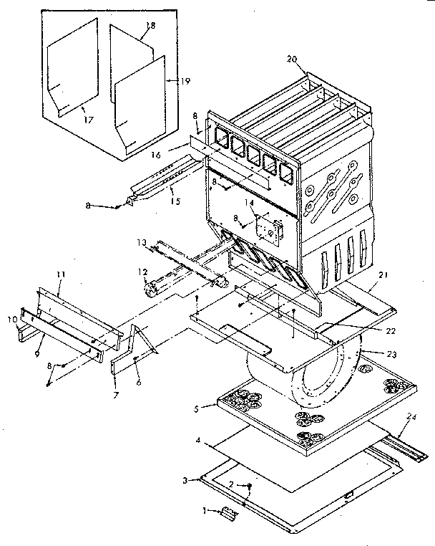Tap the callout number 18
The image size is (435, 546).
point(150,26)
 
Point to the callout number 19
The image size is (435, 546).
point(185,82)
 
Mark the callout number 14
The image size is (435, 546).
point(249,203)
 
